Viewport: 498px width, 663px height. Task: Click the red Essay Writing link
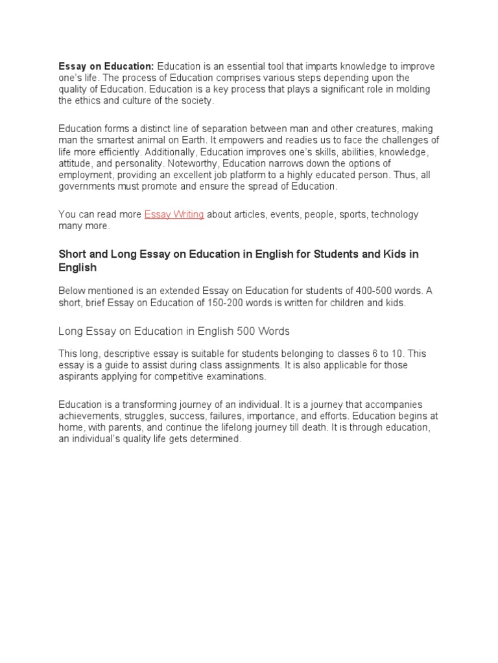coord(174,214)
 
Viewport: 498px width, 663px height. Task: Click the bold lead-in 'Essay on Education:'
coord(106,67)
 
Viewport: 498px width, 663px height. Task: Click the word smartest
coord(130,140)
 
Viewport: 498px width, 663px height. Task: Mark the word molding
coord(413,89)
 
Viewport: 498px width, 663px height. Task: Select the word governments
coord(84,186)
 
